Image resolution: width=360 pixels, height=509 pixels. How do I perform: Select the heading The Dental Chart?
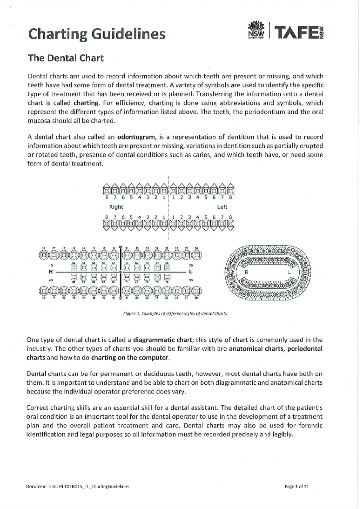(66, 58)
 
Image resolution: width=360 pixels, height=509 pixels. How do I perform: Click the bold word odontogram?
(137, 137)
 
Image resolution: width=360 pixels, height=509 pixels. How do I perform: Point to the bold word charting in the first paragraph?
(86, 103)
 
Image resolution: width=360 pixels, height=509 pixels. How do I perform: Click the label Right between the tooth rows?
(116, 207)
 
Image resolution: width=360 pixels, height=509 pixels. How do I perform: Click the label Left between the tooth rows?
(222, 207)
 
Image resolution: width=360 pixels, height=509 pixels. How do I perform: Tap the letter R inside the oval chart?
(247, 272)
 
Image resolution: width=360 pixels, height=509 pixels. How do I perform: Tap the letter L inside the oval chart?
(289, 272)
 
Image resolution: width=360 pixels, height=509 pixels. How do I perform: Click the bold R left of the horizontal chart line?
(51, 272)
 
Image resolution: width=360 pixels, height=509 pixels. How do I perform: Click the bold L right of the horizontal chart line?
(191, 272)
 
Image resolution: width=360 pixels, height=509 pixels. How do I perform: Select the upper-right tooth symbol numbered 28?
(196, 255)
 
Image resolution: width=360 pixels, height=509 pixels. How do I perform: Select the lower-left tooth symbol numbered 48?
(43, 291)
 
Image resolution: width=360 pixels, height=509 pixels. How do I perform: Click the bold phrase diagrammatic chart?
(162, 340)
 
